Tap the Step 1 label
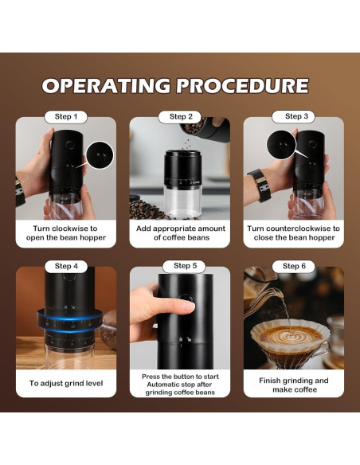[x=66, y=117]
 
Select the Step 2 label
[x=180, y=117]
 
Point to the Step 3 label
[x=294, y=117]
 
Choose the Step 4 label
[x=66, y=266]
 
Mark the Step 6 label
[x=294, y=266]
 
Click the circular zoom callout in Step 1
[x=100, y=152]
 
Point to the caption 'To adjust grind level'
[x=66, y=383]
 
